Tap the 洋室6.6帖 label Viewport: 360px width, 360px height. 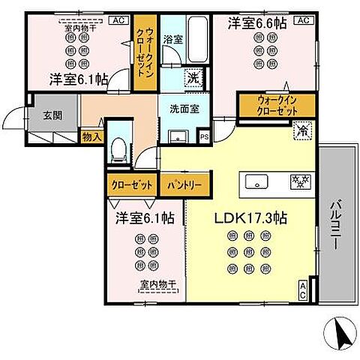[x=258, y=24]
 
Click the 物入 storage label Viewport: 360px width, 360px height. [x=90, y=137]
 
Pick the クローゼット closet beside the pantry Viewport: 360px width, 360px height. [x=130, y=182]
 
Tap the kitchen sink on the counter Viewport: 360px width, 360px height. [x=253, y=182]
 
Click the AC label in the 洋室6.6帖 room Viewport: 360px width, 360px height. [x=301, y=21]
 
